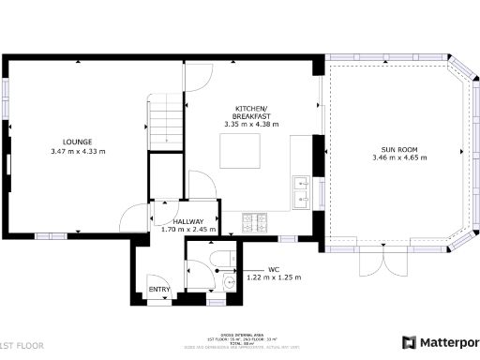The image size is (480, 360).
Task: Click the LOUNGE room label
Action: point(78,142)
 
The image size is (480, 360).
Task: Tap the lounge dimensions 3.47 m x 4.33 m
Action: point(78,151)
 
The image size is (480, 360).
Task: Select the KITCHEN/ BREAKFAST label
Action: point(251,112)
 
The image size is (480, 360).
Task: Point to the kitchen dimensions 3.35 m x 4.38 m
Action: point(251,125)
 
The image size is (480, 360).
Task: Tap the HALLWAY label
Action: point(188,221)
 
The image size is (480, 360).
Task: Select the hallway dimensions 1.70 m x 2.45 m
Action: point(188,230)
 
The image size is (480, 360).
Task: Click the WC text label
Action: point(274,269)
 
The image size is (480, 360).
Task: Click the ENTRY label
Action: point(160,290)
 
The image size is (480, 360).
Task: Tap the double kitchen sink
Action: point(302,190)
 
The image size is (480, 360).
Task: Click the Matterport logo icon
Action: point(410,343)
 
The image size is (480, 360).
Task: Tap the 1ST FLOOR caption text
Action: point(22,346)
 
